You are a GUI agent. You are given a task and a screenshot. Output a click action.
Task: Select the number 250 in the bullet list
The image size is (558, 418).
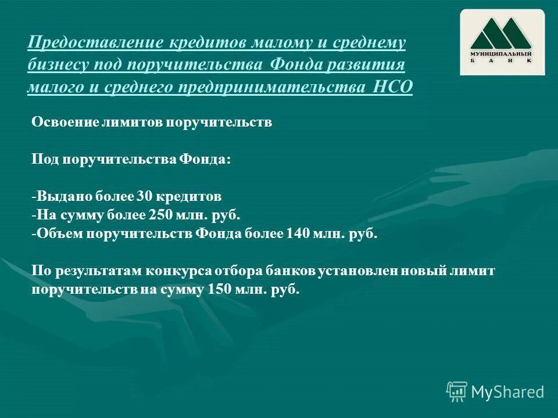pyautogui.click(x=157, y=215)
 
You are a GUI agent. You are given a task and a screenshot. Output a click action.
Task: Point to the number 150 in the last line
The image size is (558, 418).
pyautogui.click(x=217, y=289)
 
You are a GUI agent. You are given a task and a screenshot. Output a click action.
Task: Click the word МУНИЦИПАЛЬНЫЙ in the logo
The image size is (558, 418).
pyautogui.click(x=502, y=53)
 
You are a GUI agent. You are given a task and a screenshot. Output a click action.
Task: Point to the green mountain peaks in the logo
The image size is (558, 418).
pyautogui.click(x=502, y=34)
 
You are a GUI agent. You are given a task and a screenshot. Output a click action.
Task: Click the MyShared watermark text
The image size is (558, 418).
pyautogui.click(x=507, y=392)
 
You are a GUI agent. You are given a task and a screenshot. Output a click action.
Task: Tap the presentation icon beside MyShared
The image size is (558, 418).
pyautogui.click(x=457, y=392)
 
